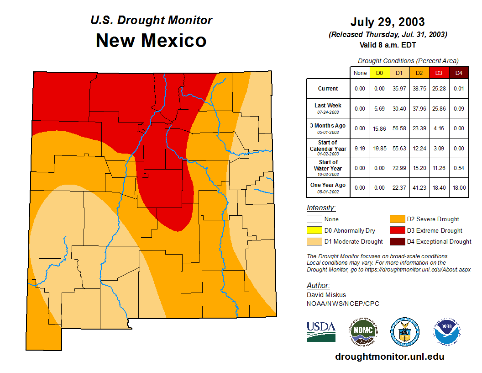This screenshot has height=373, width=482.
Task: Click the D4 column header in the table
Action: [459, 73]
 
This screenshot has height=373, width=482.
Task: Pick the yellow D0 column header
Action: [379, 73]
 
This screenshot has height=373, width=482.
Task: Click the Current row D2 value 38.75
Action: [419, 89]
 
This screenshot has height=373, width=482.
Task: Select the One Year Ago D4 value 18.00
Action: [459, 187]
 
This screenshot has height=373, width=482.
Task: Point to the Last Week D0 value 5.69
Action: [379, 109]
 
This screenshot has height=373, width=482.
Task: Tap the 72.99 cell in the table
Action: [399, 168]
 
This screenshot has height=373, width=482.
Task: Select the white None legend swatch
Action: [314, 219]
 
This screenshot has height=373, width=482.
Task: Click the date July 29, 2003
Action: [388, 21]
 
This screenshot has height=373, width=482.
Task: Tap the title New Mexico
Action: [151, 41]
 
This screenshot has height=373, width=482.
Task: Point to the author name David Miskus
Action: [326, 295]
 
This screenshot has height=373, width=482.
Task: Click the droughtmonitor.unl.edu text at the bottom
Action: [389, 357]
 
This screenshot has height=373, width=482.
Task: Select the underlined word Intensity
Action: [321, 208]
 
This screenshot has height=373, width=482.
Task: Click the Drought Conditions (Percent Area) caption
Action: [408, 60]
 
